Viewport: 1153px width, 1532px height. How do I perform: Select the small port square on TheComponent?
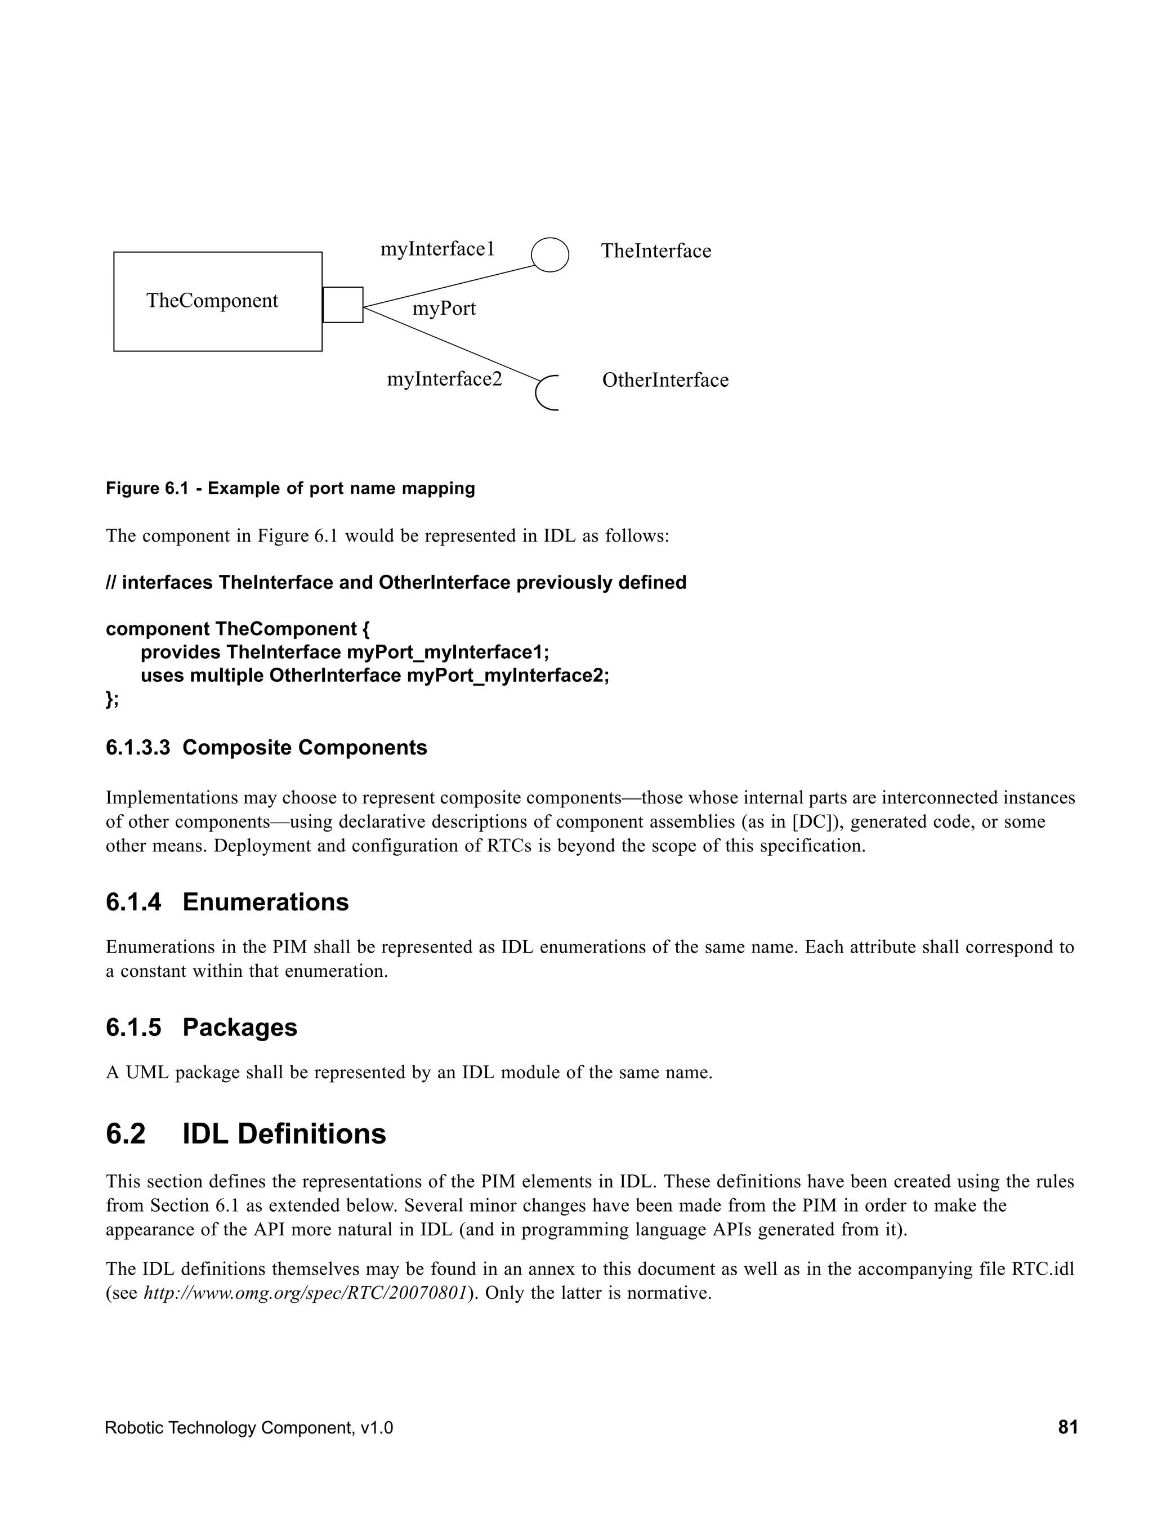tap(343, 305)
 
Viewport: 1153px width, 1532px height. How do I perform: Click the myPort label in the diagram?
tap(444, 308)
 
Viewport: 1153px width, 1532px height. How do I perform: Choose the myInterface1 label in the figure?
tap(437, 249)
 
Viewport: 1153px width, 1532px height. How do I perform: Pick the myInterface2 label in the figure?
tap(444, 379)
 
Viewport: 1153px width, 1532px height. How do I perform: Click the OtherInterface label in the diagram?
tap(665, 380)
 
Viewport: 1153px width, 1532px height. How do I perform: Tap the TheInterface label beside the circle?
tap(655, 251)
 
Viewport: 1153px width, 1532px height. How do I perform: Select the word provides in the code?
tap(180, 653)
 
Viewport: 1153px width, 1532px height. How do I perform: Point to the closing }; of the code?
tap(112, 699)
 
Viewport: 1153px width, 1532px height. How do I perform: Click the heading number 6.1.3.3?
tap(138, 748)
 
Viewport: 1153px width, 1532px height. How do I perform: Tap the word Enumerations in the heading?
tap(265, 903)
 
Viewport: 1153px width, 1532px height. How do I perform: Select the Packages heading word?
tap(240, 1028)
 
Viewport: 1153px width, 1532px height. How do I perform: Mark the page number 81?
tap(1067, 1427)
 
